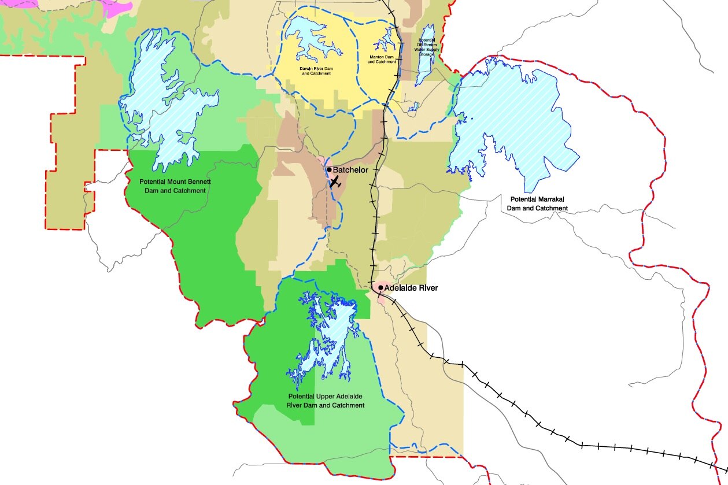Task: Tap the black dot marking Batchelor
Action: point(329,170)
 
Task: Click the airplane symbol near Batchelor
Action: point(335,182)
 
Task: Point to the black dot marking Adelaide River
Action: point(380,287)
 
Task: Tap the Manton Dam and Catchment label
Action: point(382,60)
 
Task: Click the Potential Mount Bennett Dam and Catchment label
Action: point(175,186)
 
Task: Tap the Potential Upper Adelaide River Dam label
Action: point(326,401)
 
